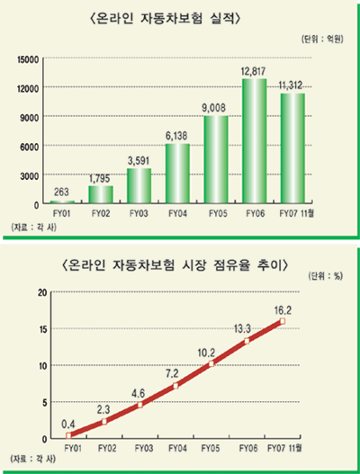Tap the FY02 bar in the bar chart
point(100,194)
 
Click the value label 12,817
point(254,73)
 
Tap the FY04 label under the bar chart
point(176,214)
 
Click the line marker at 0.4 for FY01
point(67,435)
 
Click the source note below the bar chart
point(31,226)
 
